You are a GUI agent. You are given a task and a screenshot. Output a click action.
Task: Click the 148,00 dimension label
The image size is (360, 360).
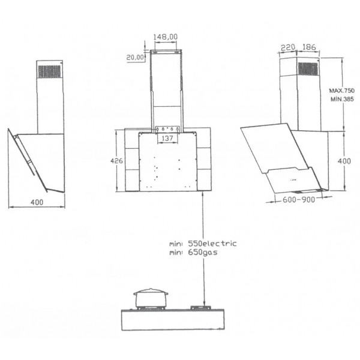click(x=166, y=37)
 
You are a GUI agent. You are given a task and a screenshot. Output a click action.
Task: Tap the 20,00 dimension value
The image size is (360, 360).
click(x=135, y=58)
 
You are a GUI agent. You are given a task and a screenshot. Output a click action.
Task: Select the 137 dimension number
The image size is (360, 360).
click(x=167, y=138)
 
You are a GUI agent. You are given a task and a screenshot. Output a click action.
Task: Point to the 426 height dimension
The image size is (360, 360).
click(x=116, y=161)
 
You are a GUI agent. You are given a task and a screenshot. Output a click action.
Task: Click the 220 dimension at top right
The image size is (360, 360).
click(x=288, y=47)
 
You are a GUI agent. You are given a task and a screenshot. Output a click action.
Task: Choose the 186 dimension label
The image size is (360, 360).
click(x=309, y=47)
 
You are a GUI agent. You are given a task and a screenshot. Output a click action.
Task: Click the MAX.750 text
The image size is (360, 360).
click(x=342, y=91)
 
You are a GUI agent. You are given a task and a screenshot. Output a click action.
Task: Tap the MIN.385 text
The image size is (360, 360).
click(x=342, y=99)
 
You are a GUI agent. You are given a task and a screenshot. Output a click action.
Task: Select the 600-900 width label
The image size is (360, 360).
click(x=299, y=200)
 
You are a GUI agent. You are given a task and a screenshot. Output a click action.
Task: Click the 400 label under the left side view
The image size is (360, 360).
click(x=37, y=202)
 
